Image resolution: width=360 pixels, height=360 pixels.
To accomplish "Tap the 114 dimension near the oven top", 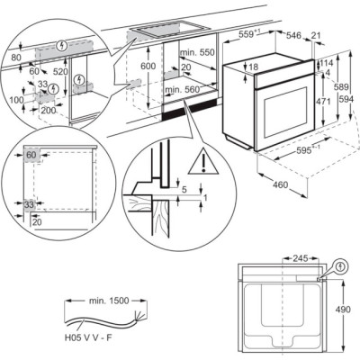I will (x=327, y=63).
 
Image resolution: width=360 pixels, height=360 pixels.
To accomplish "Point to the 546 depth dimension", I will (x=292, y=37).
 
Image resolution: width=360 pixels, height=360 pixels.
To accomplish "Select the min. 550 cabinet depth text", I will (x=194, y=53).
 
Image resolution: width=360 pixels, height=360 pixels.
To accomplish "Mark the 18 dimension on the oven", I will (x=255, y=67).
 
